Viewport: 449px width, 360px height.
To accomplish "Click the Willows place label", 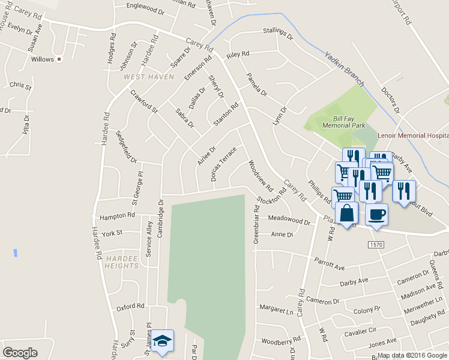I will (43, 59).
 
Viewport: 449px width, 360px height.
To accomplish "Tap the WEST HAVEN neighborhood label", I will (148, 77).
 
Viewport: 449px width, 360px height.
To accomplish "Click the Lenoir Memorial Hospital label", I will (413, 136).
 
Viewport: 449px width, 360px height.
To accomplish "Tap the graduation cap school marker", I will (162, 341).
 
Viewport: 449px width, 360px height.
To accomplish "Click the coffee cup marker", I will (376, 214).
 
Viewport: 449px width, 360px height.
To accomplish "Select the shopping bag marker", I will (347, 213).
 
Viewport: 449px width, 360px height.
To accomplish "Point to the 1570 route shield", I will (376, 245).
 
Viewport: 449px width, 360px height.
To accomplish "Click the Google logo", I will (20, 353).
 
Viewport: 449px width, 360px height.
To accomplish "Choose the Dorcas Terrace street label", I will (223, 164).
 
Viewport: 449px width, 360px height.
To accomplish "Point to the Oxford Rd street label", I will (130, 307).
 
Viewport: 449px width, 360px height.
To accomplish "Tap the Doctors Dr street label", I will (390, 100).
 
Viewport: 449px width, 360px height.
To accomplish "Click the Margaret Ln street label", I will (276, 309).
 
